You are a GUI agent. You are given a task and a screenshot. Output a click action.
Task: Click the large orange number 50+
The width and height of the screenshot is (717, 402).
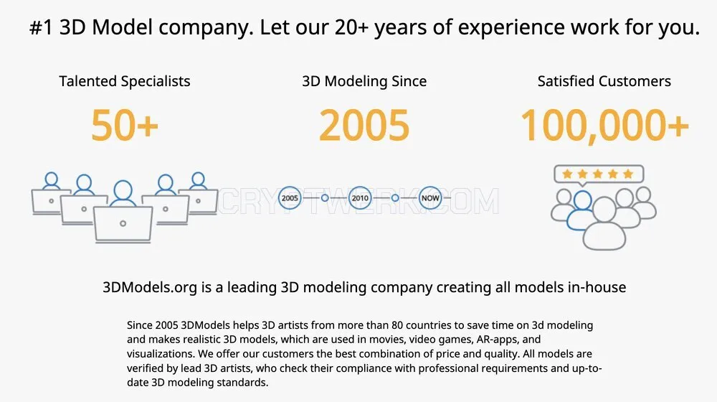coord(124,125)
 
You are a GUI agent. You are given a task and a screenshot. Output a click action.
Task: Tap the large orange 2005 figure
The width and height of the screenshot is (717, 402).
coord(364,125)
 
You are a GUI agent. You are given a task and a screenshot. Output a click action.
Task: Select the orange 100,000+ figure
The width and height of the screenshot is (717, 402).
coord(604,126)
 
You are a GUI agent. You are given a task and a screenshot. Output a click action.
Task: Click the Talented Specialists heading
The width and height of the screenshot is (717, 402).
coord(124,81)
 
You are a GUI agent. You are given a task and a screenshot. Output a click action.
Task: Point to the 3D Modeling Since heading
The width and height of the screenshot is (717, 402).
coord(364,81)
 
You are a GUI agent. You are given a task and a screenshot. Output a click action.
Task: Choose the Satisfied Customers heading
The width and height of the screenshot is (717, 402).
coord(604,81)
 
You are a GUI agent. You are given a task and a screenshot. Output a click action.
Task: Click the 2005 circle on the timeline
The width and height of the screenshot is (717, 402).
coord(290,198)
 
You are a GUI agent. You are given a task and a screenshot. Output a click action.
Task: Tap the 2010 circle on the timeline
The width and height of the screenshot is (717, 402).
coord(360,198)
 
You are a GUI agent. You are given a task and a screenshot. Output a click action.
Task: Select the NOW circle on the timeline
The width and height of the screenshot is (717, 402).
coord(430,198)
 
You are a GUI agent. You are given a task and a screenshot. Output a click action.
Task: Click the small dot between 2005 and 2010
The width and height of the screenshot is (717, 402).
coord(325,198)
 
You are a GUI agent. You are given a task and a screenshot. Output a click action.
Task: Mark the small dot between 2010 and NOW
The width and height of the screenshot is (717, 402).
coord(395,198)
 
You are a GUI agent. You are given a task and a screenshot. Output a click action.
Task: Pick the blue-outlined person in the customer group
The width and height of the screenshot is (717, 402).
coord(581,210)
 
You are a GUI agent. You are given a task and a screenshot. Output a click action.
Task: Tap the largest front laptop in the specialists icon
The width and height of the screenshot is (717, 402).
coord(123,224)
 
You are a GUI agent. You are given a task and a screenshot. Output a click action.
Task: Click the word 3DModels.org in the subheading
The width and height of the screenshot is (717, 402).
coord(150,287)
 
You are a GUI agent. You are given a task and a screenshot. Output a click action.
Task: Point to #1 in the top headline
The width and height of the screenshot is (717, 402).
coord(41,27)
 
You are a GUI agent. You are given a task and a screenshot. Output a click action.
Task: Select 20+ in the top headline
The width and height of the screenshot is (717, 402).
coord(351,27)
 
